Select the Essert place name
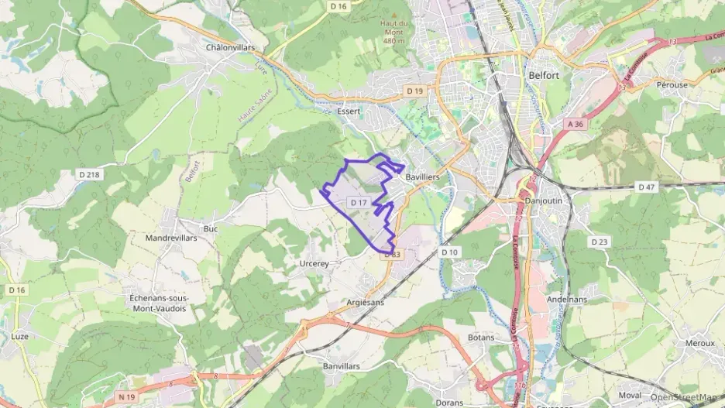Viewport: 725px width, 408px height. tap(349, 111)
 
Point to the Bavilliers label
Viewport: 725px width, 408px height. tap(423, 177)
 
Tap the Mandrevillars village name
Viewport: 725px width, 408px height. tap(171, 238)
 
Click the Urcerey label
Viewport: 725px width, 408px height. tap(314, 263)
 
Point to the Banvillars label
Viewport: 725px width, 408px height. tap(341, 365)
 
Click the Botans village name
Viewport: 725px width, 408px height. tap(481, 338)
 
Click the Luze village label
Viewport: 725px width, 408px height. tap(20, 336)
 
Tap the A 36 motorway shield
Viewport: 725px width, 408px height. tap(574, 124)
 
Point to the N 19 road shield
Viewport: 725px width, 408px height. tap(126, 396)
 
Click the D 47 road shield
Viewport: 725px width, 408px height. tap(646, 187)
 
